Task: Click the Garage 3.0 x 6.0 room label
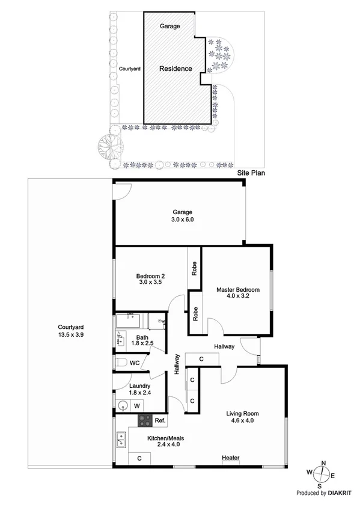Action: point(183,216)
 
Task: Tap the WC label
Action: point(135,363)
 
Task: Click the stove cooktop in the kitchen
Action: point(145,420)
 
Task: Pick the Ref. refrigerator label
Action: point(160,420)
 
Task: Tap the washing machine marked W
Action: point(136,406)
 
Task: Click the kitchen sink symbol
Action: point(120,440)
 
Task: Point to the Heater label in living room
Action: point(231,458)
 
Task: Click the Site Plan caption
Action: point(251,172)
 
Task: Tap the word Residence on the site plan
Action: point(175,69)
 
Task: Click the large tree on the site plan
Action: point(109,144)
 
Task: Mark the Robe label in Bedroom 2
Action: point(195,267)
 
